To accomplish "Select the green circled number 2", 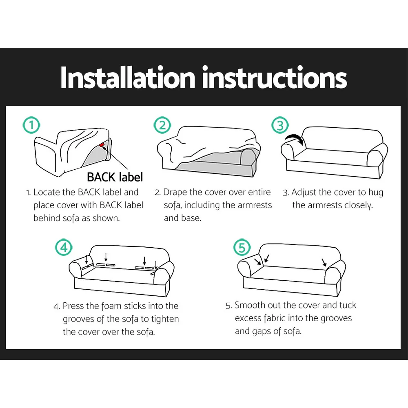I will (x=162, y=125).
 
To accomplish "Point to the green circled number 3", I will (x=280, y=125).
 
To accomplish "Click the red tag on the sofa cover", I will (x=102, y=145).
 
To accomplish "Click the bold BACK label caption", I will (x=115, y=177).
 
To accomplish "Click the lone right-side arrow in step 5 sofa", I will (x=324, y=262).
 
